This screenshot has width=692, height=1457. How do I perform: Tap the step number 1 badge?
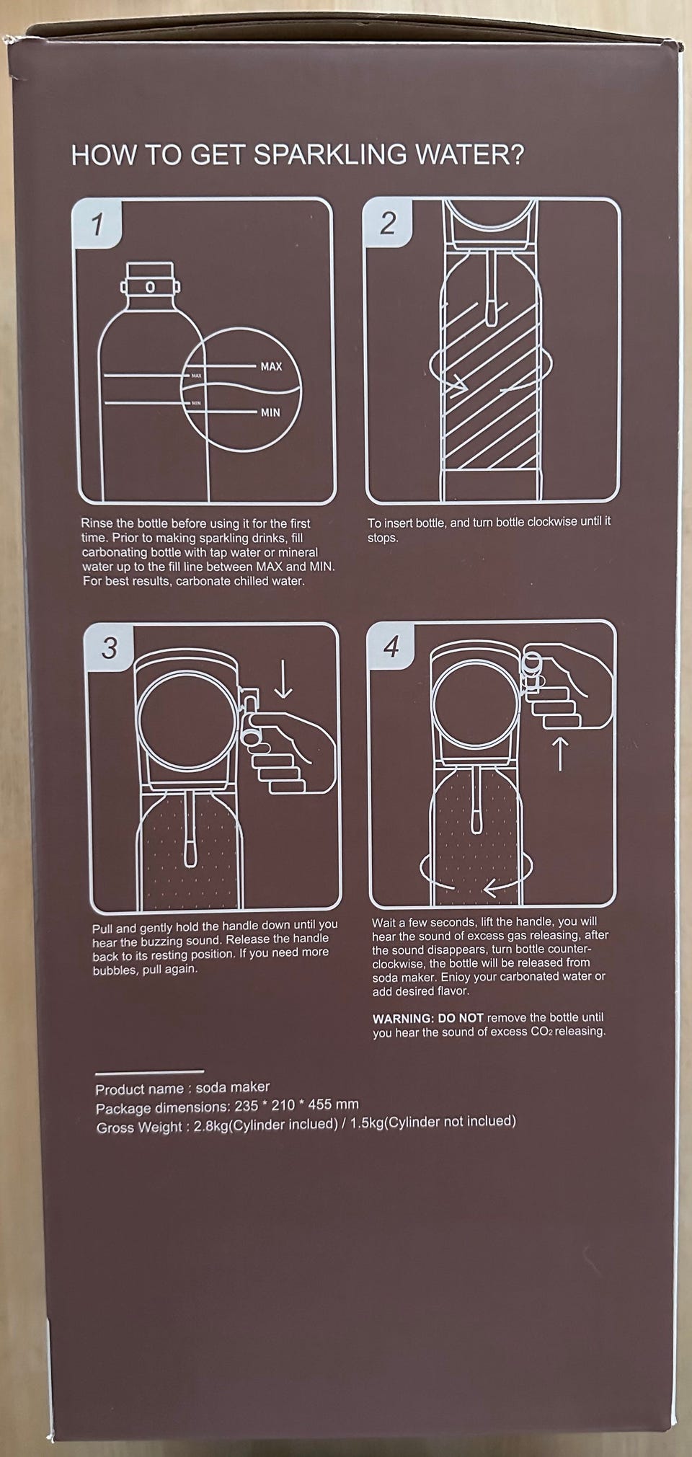97,224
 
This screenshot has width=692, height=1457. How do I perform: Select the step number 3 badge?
109,647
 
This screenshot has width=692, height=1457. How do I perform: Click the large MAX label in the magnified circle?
271,366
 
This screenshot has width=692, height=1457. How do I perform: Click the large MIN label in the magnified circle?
270,412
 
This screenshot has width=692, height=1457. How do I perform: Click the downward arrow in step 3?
283,681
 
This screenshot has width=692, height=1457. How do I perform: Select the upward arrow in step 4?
560,753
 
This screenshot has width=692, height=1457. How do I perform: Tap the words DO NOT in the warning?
461,1018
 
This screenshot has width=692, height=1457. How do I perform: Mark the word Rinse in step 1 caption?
96,523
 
